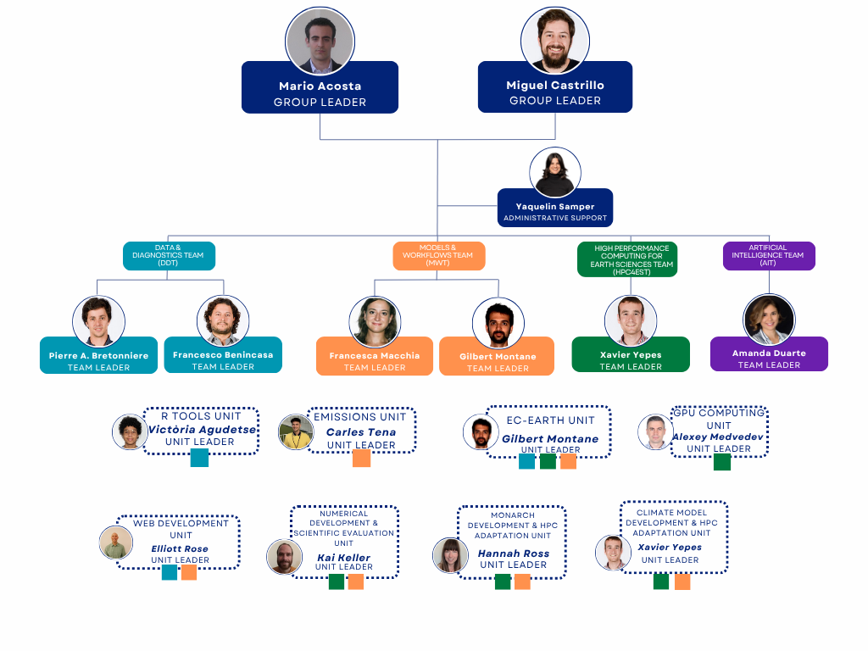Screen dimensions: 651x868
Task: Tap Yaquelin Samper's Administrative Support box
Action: [x=555, y=211]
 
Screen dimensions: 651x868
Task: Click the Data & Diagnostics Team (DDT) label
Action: [x=169, y=256]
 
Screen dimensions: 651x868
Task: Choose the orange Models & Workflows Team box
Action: [x=438, y=256]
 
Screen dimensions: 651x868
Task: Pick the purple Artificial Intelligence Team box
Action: [x=769, y=256]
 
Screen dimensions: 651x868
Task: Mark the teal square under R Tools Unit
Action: [x=199, y=458]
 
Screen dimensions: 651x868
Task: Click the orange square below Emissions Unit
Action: [x=361, y=458]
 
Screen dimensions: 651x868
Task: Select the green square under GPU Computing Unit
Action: [x=722, y=462]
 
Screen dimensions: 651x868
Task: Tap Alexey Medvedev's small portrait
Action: [x=654, y=431]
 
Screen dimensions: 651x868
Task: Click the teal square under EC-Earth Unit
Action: [x=526, y=461]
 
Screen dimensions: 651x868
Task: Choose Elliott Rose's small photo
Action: [x=115, y=543]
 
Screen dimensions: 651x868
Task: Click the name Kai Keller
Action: [x=343, y=558]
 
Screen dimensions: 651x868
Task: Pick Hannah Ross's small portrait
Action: [x=450, y=555]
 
